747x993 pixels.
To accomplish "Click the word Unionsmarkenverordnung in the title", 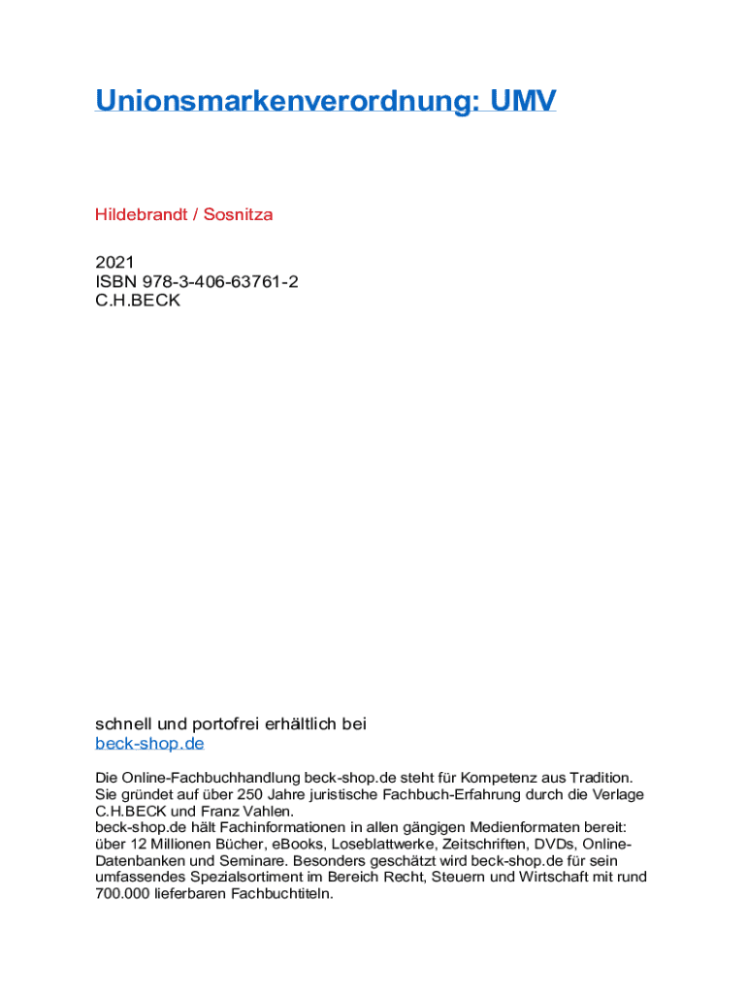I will point(281,101).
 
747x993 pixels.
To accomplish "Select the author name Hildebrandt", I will point(141,214).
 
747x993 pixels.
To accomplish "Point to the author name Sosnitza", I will point(238,214).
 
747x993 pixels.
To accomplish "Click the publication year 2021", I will point(114,262).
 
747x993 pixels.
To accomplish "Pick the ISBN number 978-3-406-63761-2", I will point(220,281).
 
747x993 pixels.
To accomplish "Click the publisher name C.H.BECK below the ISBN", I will point(138,301).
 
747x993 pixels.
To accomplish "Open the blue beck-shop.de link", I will point(149,744).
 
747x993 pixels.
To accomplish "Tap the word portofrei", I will point(232,723).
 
